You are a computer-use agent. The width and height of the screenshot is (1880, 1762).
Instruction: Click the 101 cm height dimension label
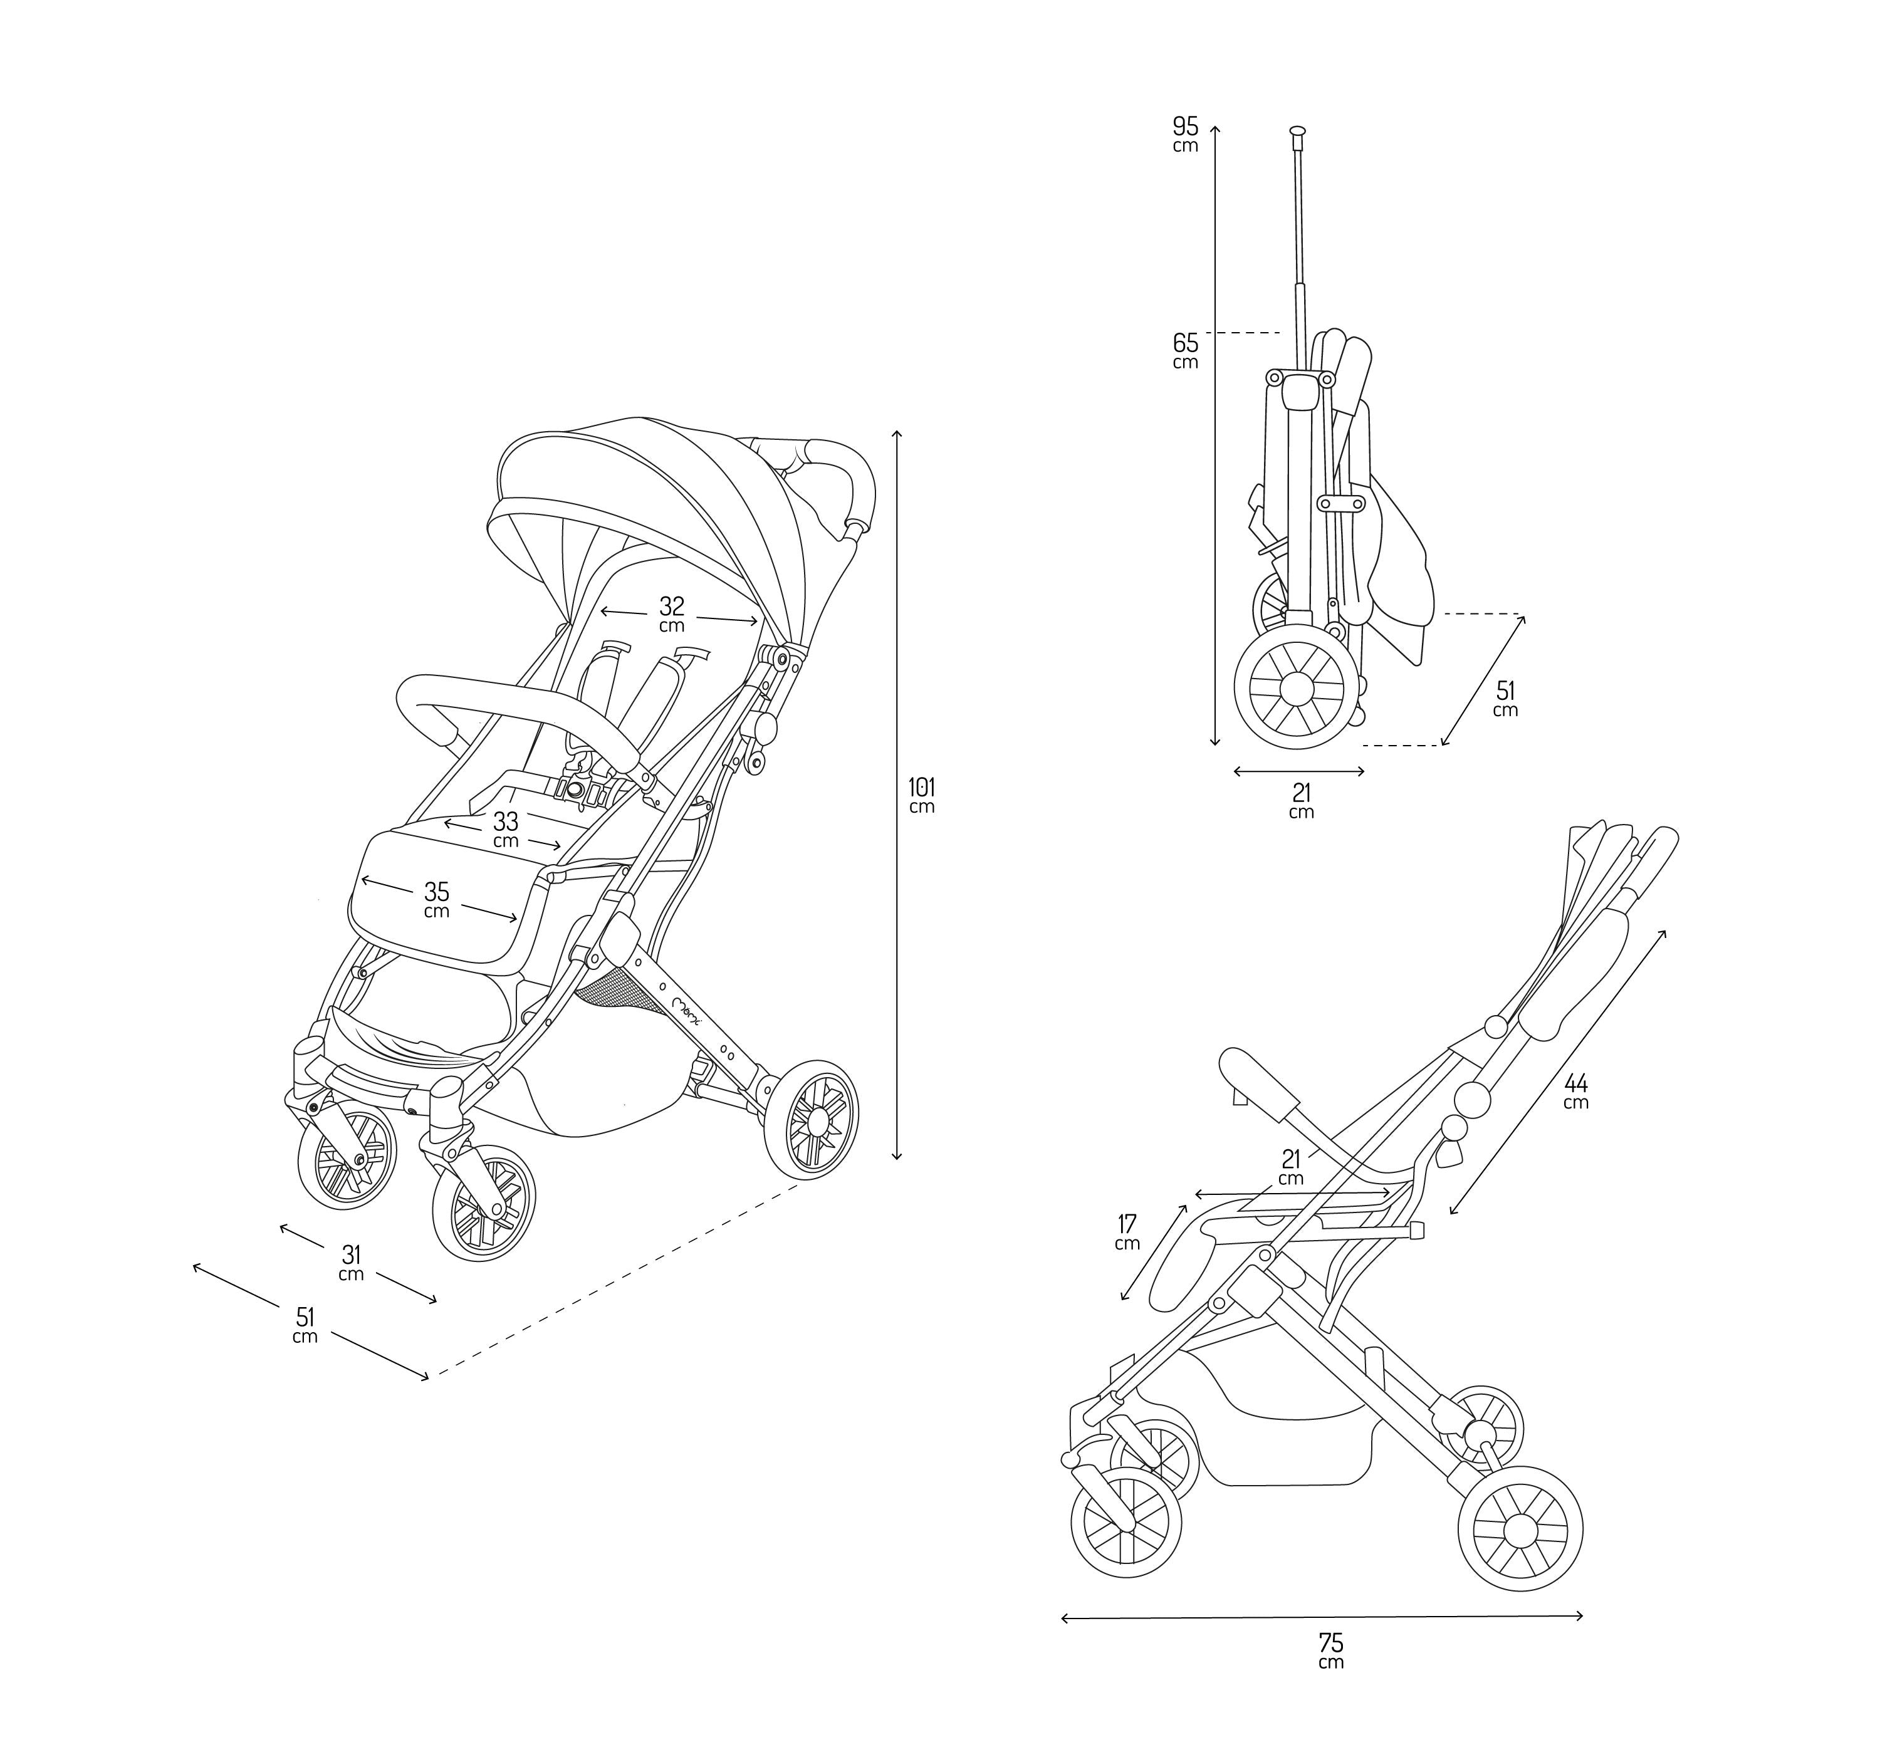point(921,795)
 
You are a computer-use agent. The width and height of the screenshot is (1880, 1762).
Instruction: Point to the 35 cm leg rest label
point(436,899)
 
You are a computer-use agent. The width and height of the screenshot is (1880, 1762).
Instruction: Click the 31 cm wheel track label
point(351,1263)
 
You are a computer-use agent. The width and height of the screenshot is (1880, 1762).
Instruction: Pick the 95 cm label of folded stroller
point(1185,133)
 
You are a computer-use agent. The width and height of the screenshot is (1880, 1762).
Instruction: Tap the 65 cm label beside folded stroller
point(1185,350)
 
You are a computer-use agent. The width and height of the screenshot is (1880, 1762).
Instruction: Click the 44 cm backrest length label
point(1575,1090)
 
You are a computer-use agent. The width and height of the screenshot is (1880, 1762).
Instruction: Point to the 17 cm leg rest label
point(1126,1233)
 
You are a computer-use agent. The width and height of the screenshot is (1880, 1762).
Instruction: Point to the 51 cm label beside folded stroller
point(1505,699)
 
